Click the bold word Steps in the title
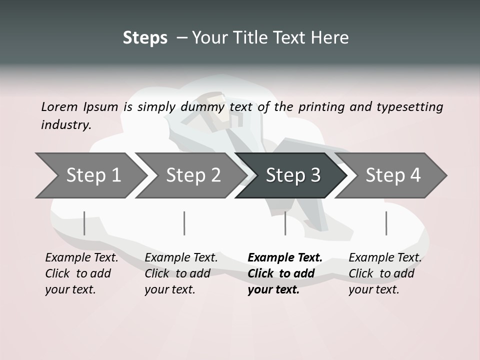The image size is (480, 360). [x=145, y=37]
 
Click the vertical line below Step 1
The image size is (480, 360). [x=84, y=223]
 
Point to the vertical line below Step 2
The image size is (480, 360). [x=184, y=223]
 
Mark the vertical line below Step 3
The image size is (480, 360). [x=285, y=223]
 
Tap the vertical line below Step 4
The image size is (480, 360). [x=386, y=223]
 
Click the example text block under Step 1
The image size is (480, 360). [x=81, y=273]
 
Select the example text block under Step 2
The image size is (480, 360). [x=181, y=273]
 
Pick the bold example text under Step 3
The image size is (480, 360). [x=284, y=273]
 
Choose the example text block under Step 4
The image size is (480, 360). [x=385, y=273]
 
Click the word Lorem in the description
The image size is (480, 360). [x=59, y=106]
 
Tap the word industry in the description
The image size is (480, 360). [x=65, y=124]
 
